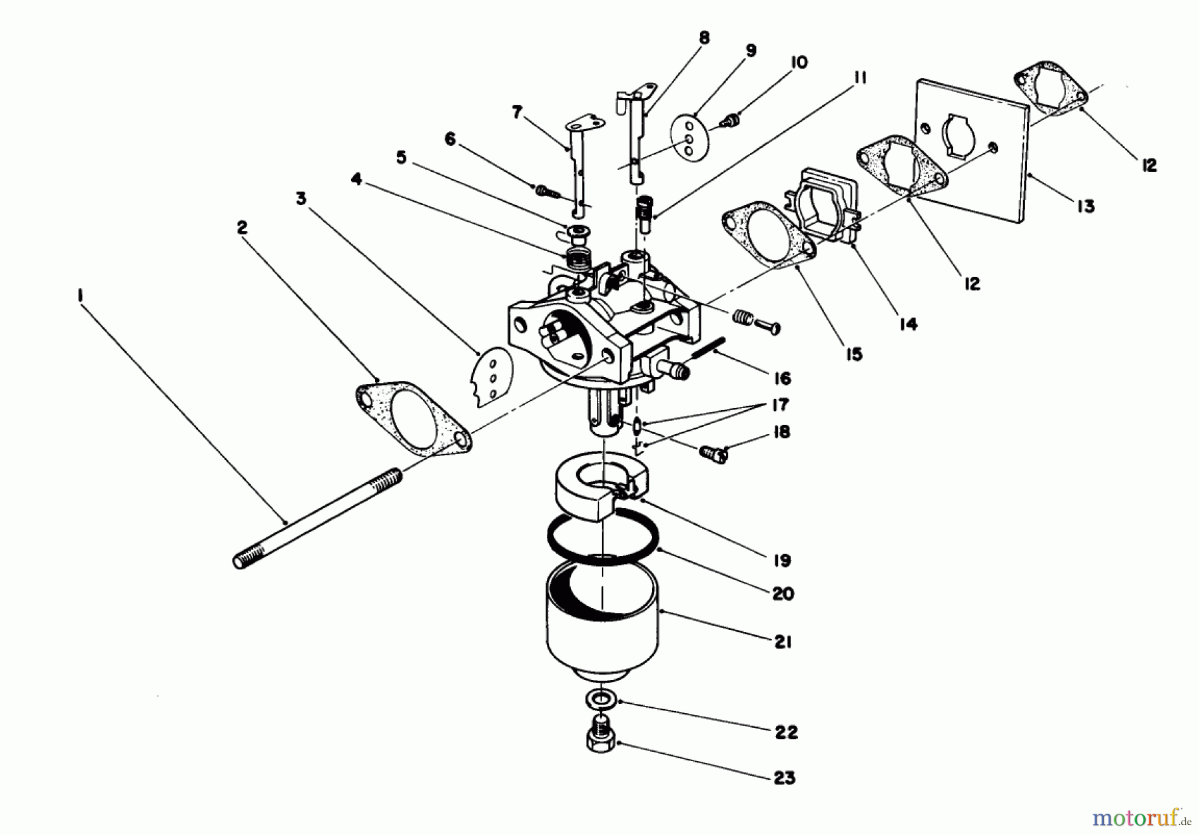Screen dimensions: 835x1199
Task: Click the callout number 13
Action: (1086, 206)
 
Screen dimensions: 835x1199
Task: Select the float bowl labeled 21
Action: (601, 619)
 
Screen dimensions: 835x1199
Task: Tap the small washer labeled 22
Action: (601, 700)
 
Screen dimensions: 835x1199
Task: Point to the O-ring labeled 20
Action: (603, 541)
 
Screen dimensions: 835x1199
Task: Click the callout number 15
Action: (854, 354)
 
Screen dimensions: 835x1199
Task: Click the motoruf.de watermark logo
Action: (1140, 817)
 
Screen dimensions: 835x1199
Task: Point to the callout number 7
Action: (517, 112)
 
